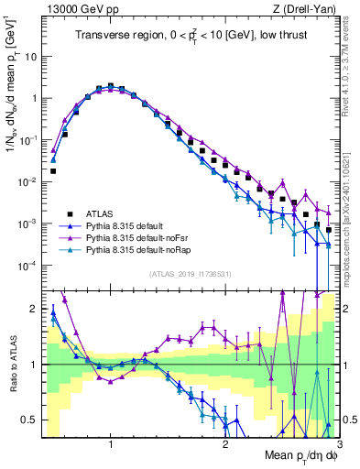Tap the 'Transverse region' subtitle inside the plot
(192, 36)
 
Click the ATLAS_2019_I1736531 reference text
(190, 273)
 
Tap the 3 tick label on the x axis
(338, 442)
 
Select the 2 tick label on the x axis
(225, 442)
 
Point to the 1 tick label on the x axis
(111, 442)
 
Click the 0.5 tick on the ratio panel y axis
(31, 420)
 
